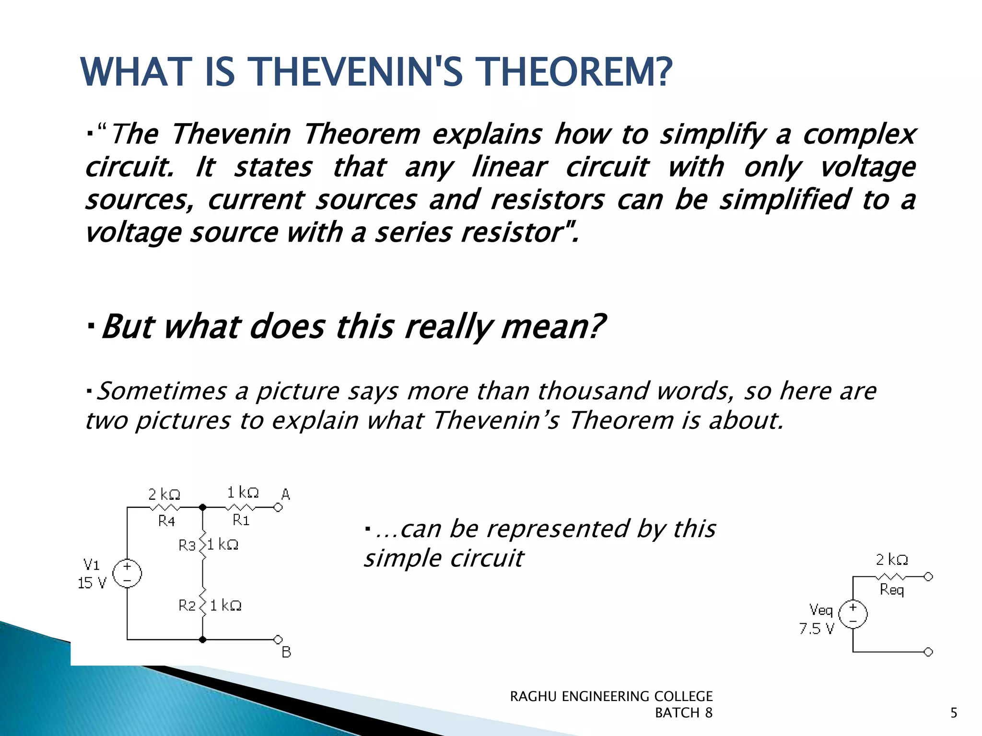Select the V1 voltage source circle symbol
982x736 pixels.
(127, 573)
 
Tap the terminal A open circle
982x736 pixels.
(278, 507)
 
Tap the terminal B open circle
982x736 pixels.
(278, 639)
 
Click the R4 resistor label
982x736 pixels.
(167, 521)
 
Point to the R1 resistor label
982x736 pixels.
(241, 520)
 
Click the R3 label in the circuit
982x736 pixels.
(187, 545)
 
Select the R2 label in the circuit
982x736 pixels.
(187, 606)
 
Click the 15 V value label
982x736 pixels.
(92, 583)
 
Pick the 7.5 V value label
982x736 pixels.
(817, 629)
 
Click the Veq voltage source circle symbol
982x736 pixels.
(853, 614)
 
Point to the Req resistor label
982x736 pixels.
(892, 590)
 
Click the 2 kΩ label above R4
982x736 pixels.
(164, 494)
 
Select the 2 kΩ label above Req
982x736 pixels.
(892, 559)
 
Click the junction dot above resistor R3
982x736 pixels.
(202, 507)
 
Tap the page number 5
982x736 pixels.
(954, 713)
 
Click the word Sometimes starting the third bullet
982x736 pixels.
(162, 391)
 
